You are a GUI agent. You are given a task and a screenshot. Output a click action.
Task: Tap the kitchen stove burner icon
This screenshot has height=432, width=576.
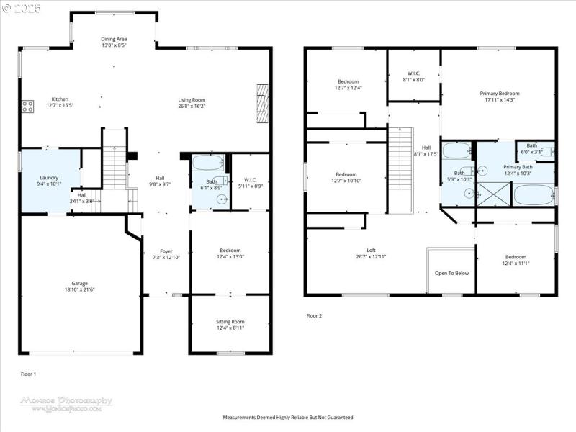click(27, 107)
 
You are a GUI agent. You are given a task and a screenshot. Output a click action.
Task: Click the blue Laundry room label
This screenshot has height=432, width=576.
click(49, 177)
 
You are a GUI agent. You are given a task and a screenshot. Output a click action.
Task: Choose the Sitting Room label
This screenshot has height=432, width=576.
click(230, 321)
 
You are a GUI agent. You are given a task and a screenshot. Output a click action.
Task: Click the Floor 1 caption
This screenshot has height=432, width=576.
click(29, 374)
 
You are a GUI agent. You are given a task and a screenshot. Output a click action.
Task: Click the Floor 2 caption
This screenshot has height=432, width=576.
click(314, 315)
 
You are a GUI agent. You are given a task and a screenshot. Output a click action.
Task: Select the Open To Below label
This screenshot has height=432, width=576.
click(451, 273)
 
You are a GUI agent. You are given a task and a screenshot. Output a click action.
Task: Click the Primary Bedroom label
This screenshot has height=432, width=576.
click(500, 94)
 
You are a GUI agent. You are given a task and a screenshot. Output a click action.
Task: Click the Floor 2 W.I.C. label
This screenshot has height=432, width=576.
click(414, 73)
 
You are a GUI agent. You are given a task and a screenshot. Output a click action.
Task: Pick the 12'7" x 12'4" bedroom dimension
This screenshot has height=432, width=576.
click(348, 88)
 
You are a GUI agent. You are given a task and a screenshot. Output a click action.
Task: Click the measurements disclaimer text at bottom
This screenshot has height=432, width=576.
click(288, 417)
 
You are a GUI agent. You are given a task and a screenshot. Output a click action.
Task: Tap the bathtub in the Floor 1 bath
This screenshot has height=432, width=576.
click(210, 162)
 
